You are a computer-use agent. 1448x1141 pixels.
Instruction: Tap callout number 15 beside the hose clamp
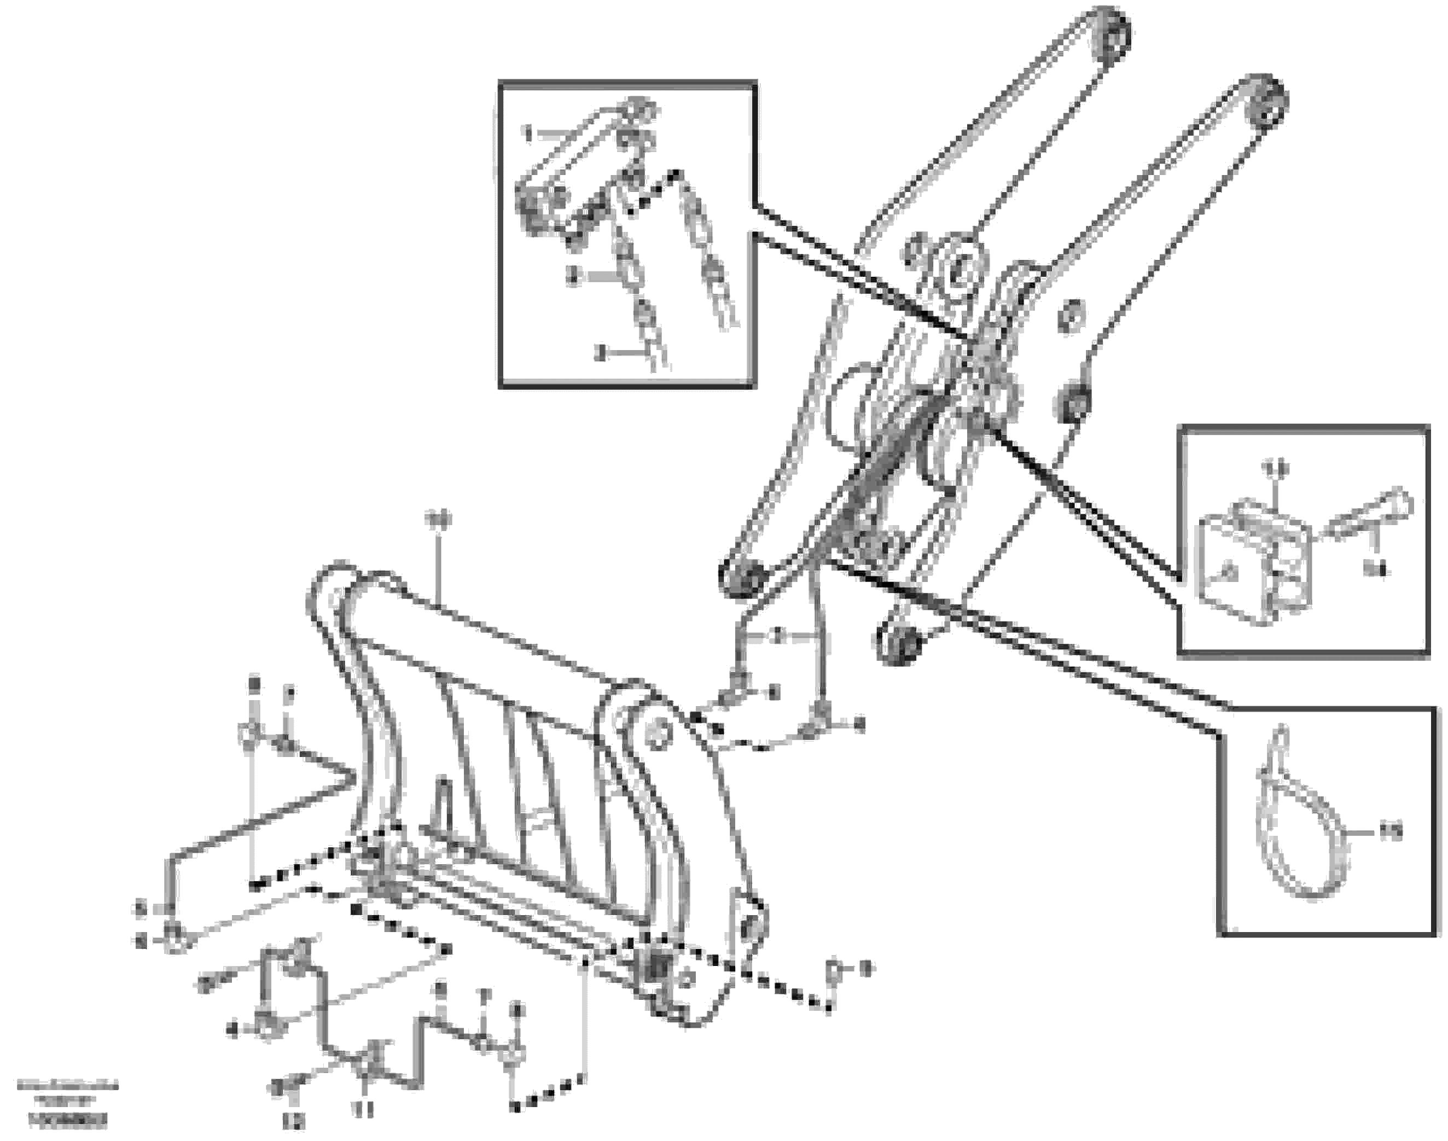[x=1391, y=832]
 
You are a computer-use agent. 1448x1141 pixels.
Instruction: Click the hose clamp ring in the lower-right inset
[x=1303, y=842]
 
